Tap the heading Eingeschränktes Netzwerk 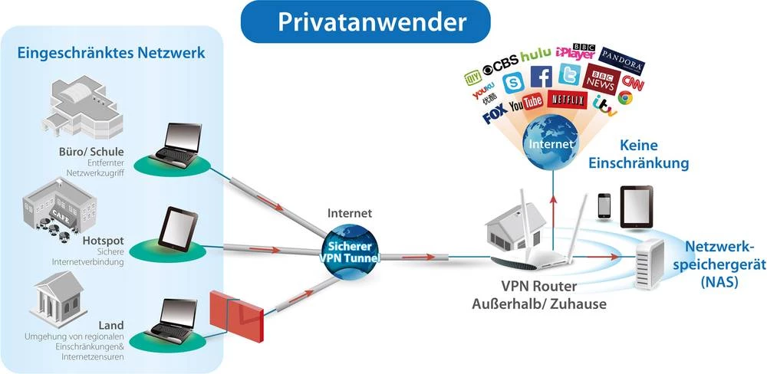tap(111, 54)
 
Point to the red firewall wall tap(236, 316)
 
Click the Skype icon tap(513, 83)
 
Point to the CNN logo tap(633, 80)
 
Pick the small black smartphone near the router tap(604, 205)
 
